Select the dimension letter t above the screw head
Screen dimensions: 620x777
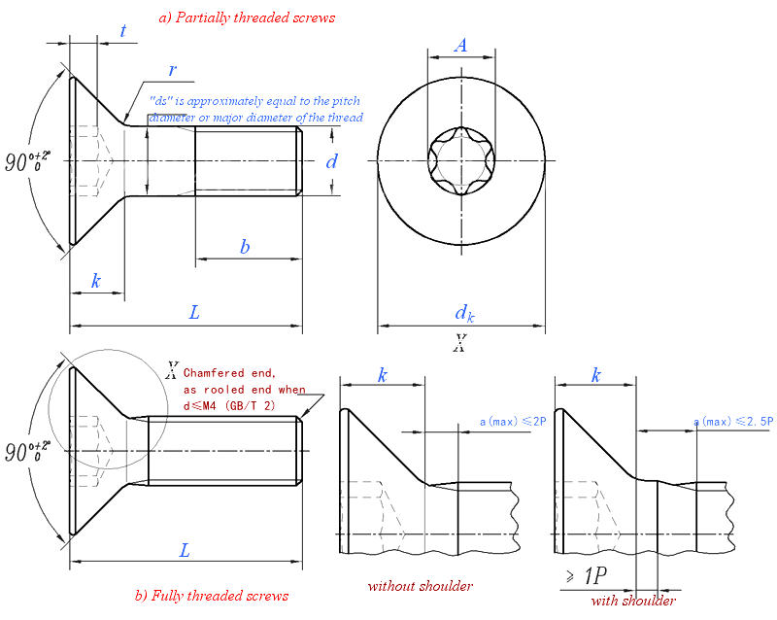pos(123,30)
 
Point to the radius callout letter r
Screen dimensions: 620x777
pos(172,70)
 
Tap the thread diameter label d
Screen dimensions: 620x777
pos(331,161)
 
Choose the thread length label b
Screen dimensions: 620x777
pos(245,247)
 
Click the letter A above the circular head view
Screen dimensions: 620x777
pos(460,45)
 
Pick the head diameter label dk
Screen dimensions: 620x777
pos(464,312)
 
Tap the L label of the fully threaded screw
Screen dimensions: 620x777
pos(185,550)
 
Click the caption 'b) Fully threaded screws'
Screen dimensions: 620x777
pos(211,595)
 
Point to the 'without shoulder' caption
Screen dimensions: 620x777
pos(420,586)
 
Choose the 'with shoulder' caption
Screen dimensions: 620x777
pos(632,600)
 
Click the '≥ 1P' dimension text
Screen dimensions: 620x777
pos(586,576)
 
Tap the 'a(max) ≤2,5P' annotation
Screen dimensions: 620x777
pos(733,422)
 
